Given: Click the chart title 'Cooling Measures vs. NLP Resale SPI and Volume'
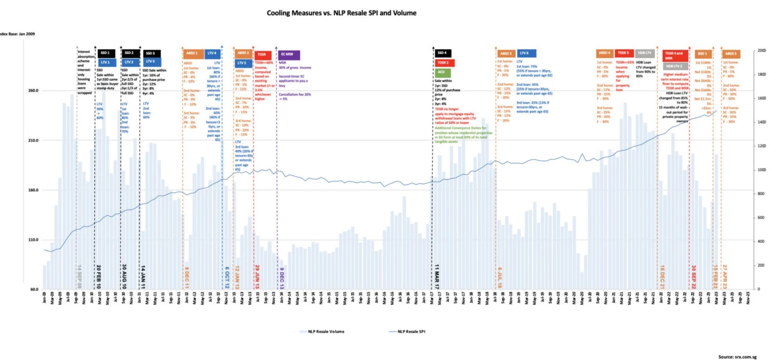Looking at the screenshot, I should [x=341, y=13].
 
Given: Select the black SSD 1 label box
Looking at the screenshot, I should [x=106, y=53].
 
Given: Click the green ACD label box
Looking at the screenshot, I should [x=442, y=72].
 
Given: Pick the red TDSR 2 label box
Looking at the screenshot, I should [x=444, y=63].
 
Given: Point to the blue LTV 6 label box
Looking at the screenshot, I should [x=526, y=53].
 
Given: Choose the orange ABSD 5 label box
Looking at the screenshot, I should [x=731, y=53].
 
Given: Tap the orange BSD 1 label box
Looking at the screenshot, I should [x=702, y=53].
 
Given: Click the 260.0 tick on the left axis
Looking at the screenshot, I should [x=33, y=91].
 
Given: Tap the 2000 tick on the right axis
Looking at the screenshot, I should [x=761, y=51].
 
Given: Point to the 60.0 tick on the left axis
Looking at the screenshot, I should [x=34, y=290].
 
